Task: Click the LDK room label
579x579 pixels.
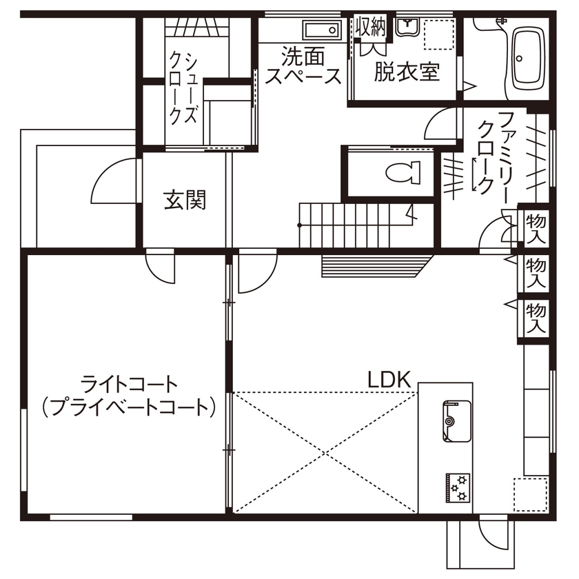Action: click(x=389, y=379)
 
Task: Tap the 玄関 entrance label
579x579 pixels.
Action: click(x=185, y=201)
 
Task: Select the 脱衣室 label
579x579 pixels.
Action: click(x=407, y=72)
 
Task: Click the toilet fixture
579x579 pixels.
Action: click(x=403, y=172)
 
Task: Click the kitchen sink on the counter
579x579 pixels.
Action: click(x=454, y=421)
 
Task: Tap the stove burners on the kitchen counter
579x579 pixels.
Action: click(x=458, y=486)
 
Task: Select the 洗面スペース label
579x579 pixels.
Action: click(x=303, y=65)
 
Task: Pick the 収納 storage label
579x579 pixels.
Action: click(x=370, y=28)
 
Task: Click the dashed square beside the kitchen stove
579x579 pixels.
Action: click(x=529, y=495)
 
